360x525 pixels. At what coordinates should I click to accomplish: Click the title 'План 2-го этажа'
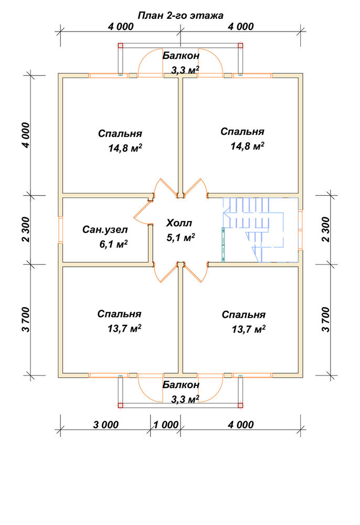coord(181,15)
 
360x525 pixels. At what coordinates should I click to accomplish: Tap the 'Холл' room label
coord(179,223)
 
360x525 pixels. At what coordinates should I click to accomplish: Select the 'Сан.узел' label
coord(105,230)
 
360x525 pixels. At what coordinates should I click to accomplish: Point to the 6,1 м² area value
coord(113,244)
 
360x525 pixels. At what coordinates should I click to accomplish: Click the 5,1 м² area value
coord(181,237)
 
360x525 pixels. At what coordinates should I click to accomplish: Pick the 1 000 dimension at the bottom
coord(166,425)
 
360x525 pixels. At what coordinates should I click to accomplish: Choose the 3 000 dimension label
coord(105,425)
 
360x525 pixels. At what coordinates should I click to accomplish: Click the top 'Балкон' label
coord(181,56)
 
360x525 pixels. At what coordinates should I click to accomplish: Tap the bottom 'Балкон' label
coord(181,385)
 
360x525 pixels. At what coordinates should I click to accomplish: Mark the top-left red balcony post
coord(121,46)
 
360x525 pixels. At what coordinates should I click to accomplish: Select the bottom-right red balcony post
coord(240,405)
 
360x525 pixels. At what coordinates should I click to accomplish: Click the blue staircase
coord(261,230)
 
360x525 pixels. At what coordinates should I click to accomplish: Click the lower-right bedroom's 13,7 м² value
coord(249,329)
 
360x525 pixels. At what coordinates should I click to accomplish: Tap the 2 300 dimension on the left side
coord(26,229)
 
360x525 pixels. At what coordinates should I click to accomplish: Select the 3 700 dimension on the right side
coord(325,319)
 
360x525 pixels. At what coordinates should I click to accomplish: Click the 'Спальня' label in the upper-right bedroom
coord(242,132)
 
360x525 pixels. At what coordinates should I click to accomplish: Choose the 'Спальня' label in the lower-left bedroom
coord(119,314)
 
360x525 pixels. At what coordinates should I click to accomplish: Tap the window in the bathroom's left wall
coord(60,230)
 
